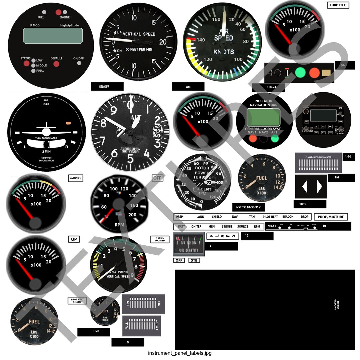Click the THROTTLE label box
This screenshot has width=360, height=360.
pyautogui.click(x=338, y=5)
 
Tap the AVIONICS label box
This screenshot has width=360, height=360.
pyautogui.click(x=75, y=178)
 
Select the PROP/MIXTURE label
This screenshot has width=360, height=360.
pyautogui.click(x=331, y=217)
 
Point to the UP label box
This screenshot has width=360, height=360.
pyautogui.click(x=74, y=239)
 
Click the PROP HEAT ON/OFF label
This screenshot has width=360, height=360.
pyautogui.click(x=77, y=300)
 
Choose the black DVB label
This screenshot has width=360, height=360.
pyautogui.click(x=94, y=332)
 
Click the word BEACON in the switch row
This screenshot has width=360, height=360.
pyautogui.click(x=288, y=217)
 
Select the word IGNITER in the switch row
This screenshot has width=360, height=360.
pyautogui.click(x=196, y=226)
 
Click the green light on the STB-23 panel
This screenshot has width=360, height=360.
pyautogui.click(x=300, y=72)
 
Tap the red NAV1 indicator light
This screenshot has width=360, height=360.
pyautogui.click(x=253, y=138)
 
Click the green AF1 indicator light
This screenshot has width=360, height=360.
pyautogui.click(x=275, y=138)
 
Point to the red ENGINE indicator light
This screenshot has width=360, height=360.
pyautogui.click(x=59, y=12)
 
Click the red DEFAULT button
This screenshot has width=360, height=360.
pyautogui.click(x=56, y=64)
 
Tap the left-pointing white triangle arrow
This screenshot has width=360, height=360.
pyautogui.click(x=304, y=187)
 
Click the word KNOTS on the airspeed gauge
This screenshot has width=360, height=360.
pyautogui.click(x=224, y=52)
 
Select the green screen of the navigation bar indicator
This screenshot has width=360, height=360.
pyautogui.click(x=263, y=117)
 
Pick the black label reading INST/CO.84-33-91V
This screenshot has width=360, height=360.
pyautogui.click(x=248, y=207)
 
